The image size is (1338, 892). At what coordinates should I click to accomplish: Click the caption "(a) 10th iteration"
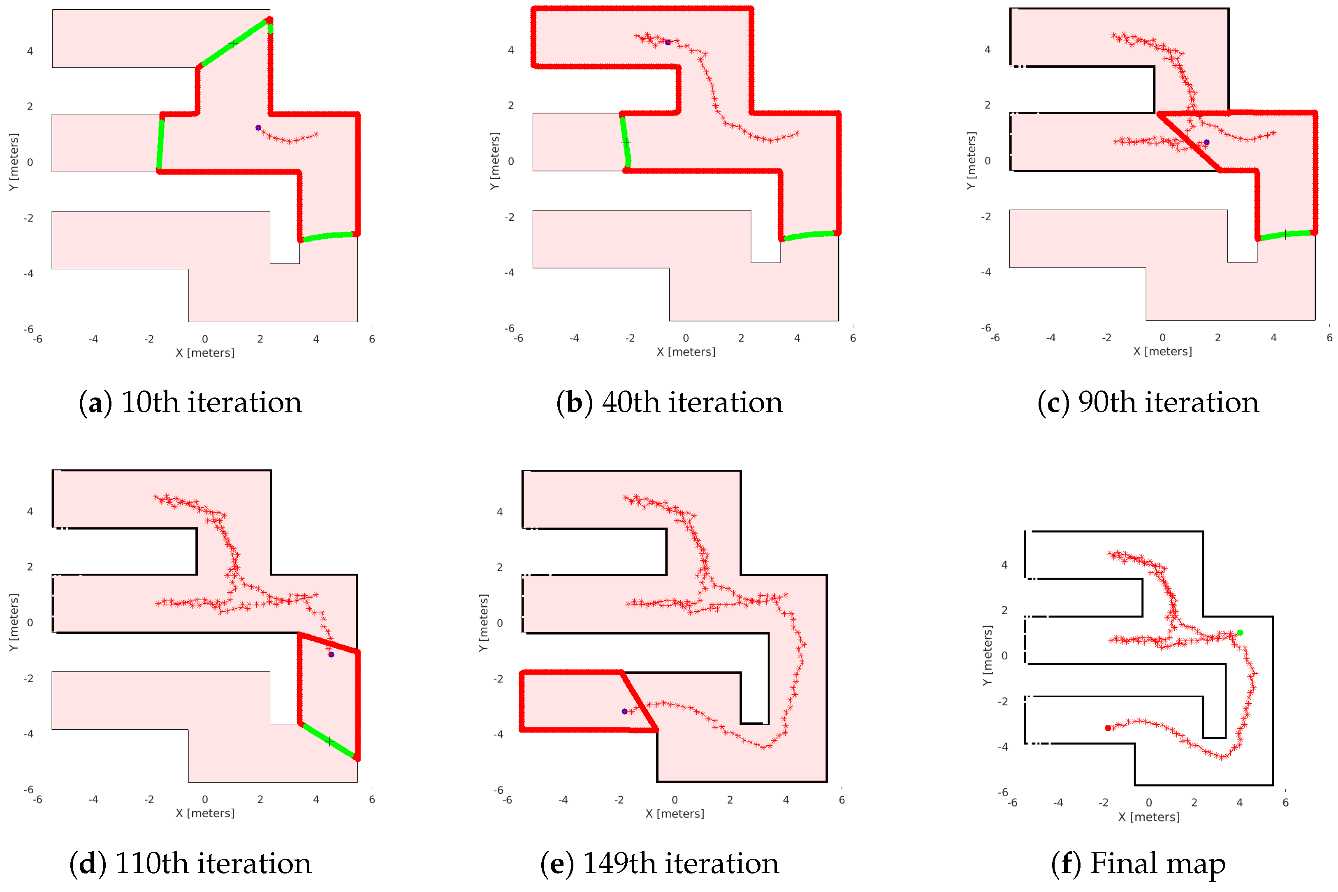click(x=190, y=403)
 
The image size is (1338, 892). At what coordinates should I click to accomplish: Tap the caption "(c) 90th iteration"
click(x=1148, y=403)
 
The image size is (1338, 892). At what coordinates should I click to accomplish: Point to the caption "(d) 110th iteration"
click(x=190, y=864)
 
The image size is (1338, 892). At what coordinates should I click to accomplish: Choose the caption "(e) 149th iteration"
click(x=659, y=864)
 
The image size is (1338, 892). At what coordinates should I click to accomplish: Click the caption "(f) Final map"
click(x=1138, y=864)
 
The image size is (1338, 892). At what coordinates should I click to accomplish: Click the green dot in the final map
click(x=1240, y=633)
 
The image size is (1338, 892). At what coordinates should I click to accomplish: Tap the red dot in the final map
click(x=1108, y=728)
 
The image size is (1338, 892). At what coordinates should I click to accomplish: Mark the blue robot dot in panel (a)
click(x=258, y=128)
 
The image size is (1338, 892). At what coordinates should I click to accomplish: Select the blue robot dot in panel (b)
click(x=668, y=42)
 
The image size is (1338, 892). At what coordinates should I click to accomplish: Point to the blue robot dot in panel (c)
click(x=1206, y=142)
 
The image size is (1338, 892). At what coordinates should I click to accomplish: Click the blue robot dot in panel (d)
click(x=331, y=655)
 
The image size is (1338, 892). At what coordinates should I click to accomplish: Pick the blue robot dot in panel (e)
click(x=624, y=712)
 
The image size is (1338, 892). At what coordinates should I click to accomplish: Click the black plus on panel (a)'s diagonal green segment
click(x=233, y=44)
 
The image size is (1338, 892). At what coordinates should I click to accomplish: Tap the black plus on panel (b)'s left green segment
click(x=626, y=143)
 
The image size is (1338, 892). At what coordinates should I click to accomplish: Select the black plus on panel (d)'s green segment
click(x=329, y=741)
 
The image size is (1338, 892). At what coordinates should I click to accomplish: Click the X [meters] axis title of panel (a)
click(x=205, y=353)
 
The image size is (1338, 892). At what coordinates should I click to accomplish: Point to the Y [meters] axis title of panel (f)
click(x=988, y=655)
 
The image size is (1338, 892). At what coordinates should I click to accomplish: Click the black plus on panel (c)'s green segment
click(x=1285, y=234)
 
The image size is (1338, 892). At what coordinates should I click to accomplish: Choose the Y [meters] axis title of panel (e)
click(x=484, y=623)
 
